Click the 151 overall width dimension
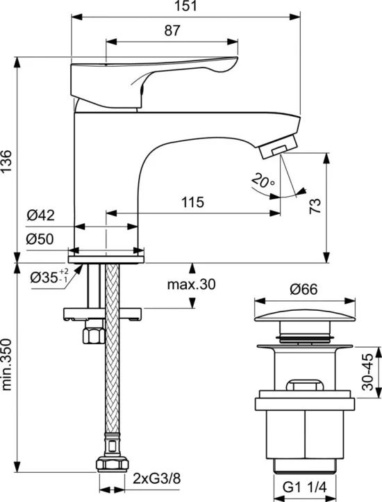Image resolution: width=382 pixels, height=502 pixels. (186, 6)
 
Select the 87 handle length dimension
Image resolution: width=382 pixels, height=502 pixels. (172, 31)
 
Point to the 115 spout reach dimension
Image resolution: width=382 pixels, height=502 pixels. (192, 202)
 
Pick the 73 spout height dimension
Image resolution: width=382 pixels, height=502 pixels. (315, 207)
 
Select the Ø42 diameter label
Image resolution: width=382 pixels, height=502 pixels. (41, 215)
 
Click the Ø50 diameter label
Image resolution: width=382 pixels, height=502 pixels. (40, 239)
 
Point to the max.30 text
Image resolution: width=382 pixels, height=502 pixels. (191, 284)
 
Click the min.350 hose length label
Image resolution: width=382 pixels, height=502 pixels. (6, 364)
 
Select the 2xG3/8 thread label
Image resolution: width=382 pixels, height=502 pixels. (157, 478)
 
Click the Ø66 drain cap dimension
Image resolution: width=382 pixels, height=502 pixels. (304, 289)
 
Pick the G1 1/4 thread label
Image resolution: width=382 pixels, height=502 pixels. (304, 487)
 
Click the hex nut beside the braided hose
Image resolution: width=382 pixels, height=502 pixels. (94, 336)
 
